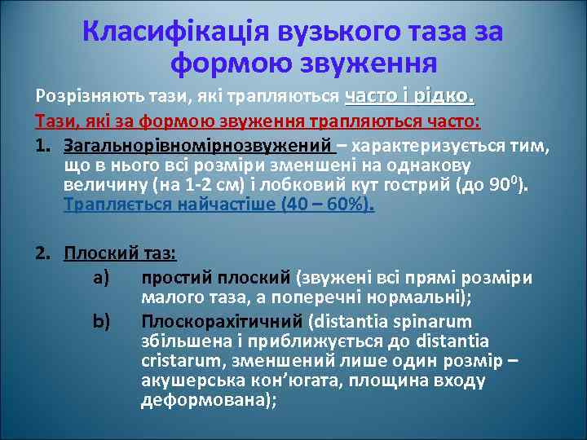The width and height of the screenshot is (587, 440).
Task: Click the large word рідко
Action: click(x=444, y=95)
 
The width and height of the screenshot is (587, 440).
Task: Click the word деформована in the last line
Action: click(x=205, y=400)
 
